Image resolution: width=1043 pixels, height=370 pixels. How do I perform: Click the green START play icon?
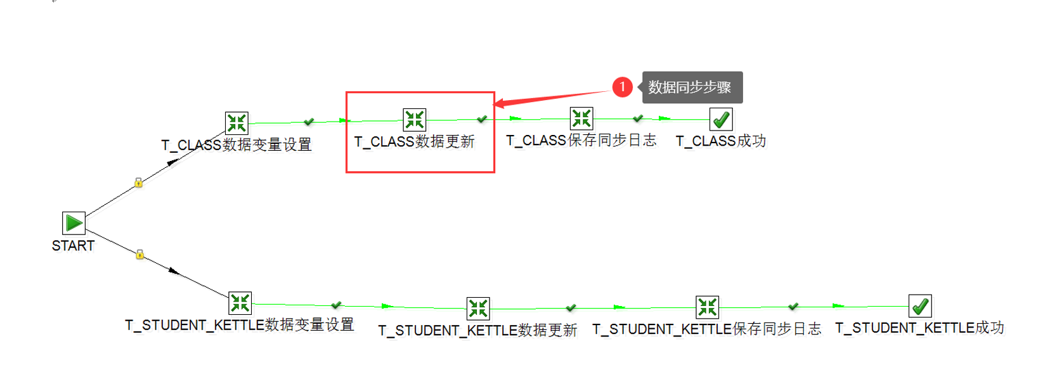pos(74,223)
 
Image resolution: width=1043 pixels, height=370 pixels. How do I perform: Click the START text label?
pos(73,246)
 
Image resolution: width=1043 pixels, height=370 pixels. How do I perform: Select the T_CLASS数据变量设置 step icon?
pos(236,123)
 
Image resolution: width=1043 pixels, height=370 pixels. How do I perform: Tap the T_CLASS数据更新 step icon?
pos(415,120)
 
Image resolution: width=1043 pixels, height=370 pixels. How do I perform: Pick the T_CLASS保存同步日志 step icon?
pos(581,118)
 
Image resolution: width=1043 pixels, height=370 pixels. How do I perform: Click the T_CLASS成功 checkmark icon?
pos(721,119)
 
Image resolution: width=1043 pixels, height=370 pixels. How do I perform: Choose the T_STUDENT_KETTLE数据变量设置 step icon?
pos(240,303)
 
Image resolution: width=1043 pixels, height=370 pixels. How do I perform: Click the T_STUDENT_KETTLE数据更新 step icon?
pos(478,309)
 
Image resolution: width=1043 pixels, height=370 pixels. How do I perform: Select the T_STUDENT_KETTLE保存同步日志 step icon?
pos(707,307)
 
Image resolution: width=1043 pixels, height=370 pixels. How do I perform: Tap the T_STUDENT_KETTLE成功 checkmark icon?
pos(920,306)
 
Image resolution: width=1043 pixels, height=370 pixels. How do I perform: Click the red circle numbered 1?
pos(623,87)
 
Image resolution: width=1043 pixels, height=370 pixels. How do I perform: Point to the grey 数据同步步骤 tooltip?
pos(692,87)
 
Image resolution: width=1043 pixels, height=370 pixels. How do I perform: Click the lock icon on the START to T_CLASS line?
pos(138,183)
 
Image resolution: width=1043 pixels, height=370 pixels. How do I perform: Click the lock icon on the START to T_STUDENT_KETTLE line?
pos(140,255)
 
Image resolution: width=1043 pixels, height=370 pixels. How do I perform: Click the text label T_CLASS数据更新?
pos(414,142)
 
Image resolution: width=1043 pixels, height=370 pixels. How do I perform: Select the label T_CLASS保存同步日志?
pos(581,141)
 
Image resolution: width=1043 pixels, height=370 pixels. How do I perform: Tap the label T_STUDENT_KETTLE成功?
pos(919,328)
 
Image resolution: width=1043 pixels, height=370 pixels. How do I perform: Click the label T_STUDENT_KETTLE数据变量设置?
pos(240,326)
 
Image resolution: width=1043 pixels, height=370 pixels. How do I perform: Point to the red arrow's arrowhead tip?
pos(495,104)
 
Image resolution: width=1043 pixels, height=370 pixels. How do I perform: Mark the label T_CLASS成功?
pos(721,141)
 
